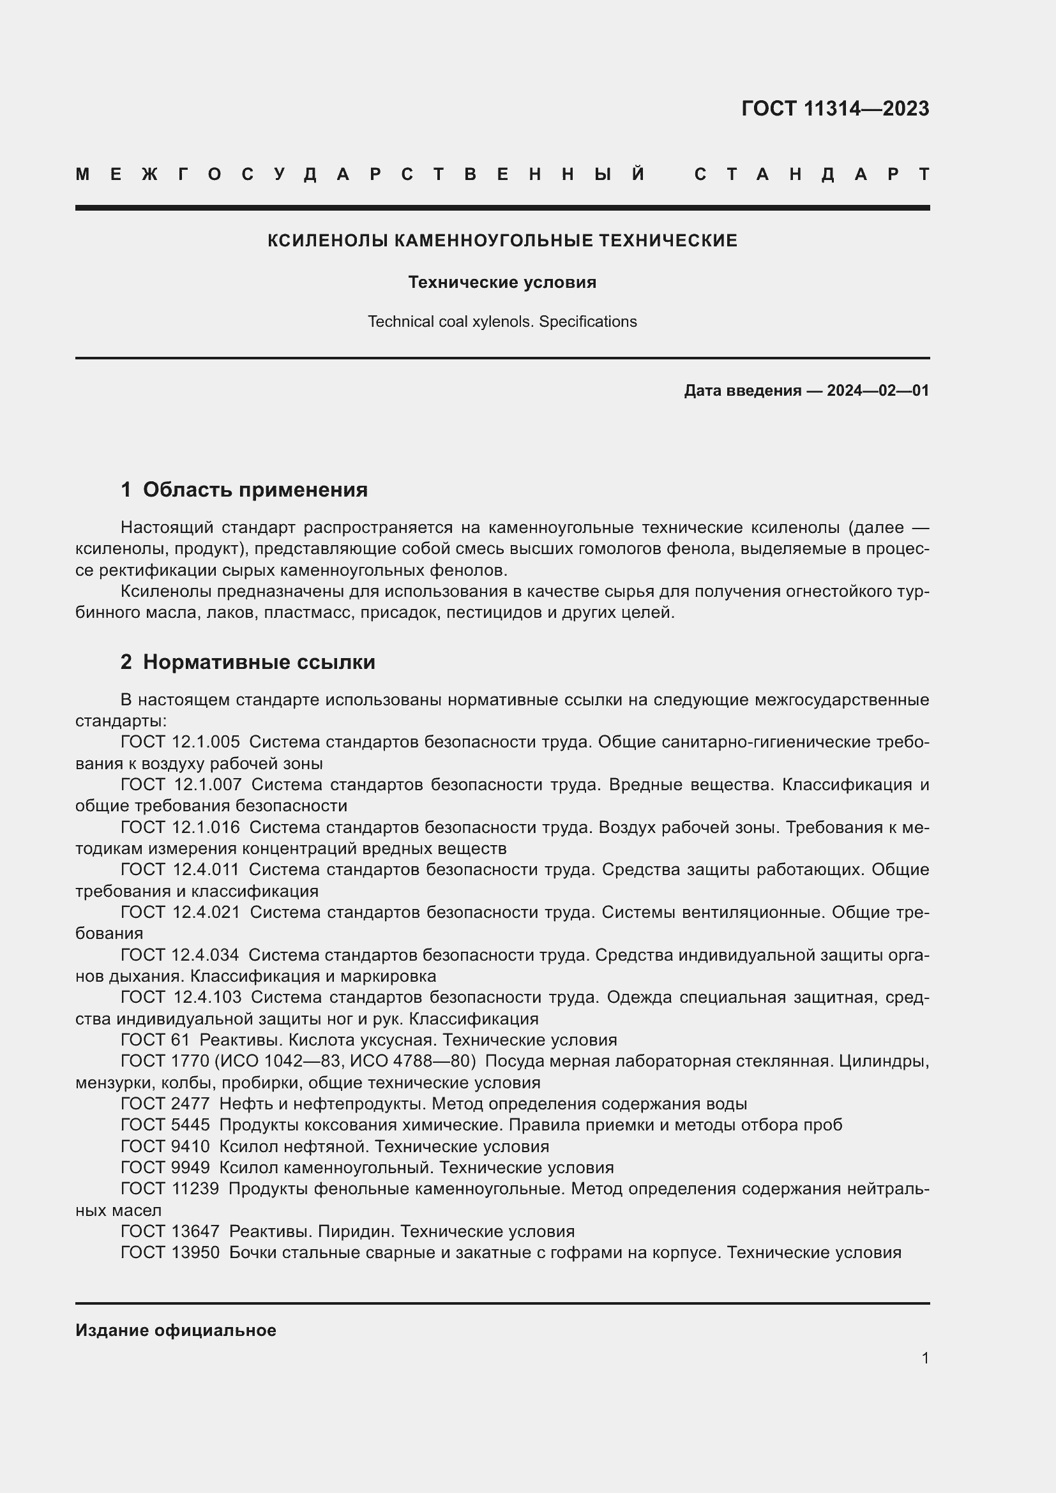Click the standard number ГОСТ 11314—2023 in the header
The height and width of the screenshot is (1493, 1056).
[x=835, y=108]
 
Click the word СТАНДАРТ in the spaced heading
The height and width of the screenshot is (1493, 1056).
[x=811, y=174]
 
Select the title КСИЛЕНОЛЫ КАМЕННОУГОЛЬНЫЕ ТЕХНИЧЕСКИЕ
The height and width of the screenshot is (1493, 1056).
[x=502, y=241]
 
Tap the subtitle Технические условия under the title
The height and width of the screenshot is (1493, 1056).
[x=502, y=282]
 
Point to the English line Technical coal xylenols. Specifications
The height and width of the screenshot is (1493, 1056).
[x=502, y=321]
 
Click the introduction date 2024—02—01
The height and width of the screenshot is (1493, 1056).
[x=878, y=391]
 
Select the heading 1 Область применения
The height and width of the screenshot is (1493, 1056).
[x=245, y=490]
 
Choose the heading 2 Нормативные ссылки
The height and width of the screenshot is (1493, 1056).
[x=248, y=662]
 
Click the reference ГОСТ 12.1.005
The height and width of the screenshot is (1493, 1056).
[x=180, y=742]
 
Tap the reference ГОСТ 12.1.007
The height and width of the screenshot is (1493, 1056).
[x=181, y=784]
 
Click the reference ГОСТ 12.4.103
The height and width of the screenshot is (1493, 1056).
[x=181, y=997]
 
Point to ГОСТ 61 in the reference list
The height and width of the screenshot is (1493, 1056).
[x=155, y=1040]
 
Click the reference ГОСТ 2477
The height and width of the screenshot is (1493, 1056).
[x=165, y=1104]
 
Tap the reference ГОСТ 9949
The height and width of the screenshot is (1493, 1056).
[x=165, y=1167]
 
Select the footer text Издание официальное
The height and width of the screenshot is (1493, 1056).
[x=176, y=1330]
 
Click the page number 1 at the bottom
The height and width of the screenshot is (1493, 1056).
[x=925, y=1358]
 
